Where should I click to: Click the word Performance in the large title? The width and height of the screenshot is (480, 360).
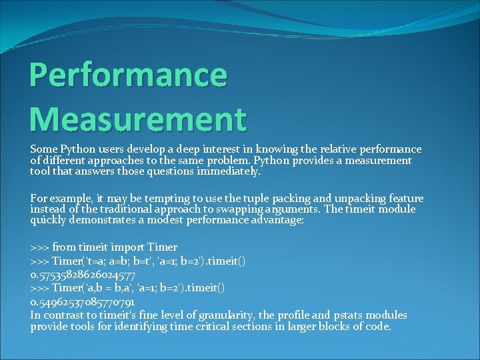pyautogui.click(x=128, y=75)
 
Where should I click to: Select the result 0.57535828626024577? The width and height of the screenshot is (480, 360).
pyautogui.click(x=84, y=275)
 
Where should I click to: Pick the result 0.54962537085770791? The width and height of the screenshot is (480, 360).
pyautogui.click(x=84, y=302)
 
